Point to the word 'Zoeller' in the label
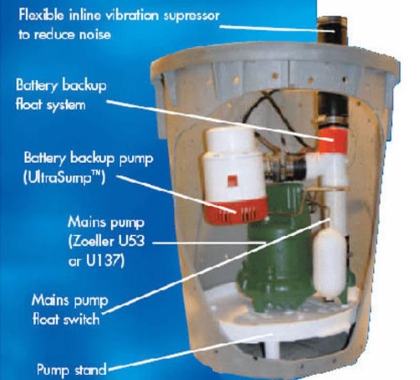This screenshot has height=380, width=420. pos(112,243)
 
